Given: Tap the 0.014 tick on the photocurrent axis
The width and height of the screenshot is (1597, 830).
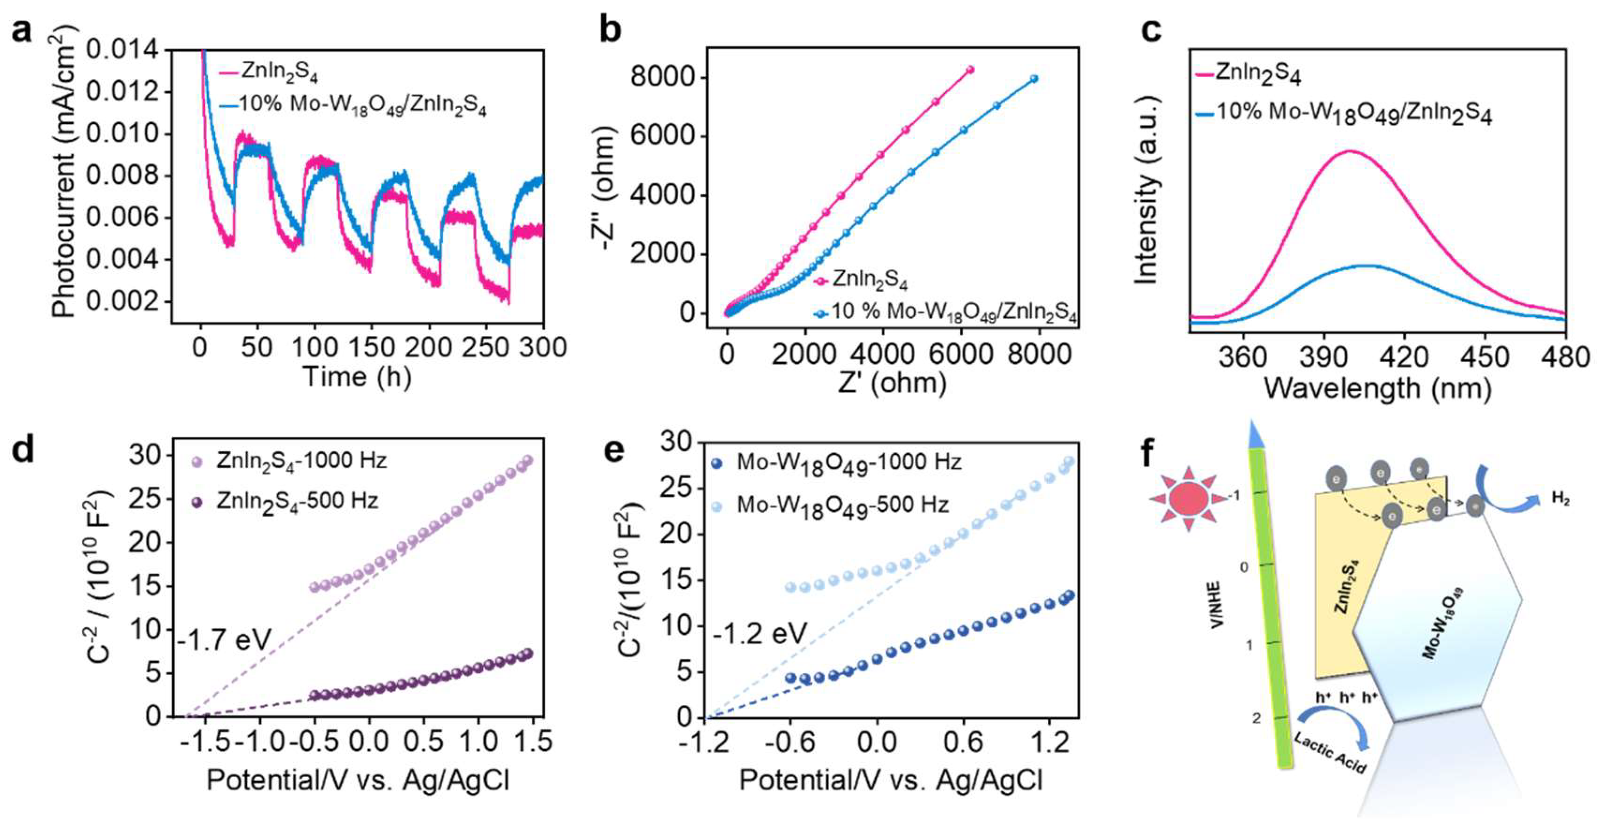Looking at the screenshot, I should [x=122, y=50].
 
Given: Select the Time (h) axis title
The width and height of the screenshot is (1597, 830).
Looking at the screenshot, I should [x=357, y=377].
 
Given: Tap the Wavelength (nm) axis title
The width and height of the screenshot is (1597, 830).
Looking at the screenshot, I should [x=1377, y=389].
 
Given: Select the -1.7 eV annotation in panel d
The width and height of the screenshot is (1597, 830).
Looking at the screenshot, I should [x=225, y=640].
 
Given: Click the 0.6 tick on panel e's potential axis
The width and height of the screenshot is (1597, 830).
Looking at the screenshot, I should [x=963, y=741].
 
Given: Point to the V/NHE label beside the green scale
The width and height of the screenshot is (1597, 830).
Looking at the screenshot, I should [x=1215, y=605].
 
